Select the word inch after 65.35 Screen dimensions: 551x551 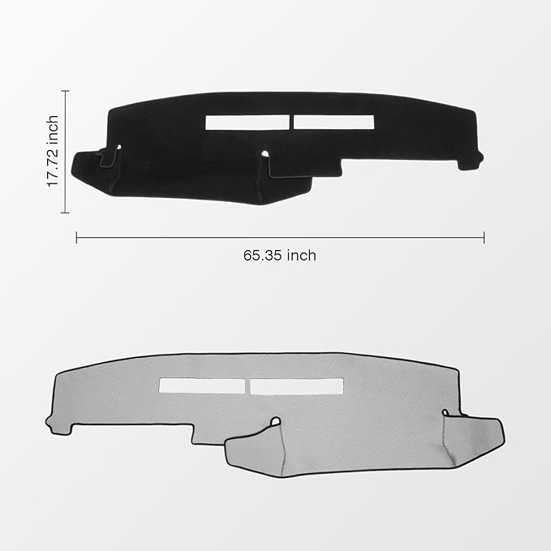click(301, 255)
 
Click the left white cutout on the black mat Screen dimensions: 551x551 click(248, 122)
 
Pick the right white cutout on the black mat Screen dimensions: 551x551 click(334, 122)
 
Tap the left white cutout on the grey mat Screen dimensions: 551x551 click(202, 386)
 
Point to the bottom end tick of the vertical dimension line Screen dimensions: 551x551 click(65, 213)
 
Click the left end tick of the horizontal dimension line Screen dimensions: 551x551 click(76, 237)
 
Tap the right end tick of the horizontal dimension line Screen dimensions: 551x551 click(484, 237)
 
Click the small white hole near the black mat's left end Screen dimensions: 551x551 click(118, 147)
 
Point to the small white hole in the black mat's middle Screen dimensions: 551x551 click(265, 153)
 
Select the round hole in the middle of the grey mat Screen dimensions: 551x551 click(276, 421)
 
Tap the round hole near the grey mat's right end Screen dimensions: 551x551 click(444, 413)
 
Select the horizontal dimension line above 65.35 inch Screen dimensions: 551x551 click(280, 237)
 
